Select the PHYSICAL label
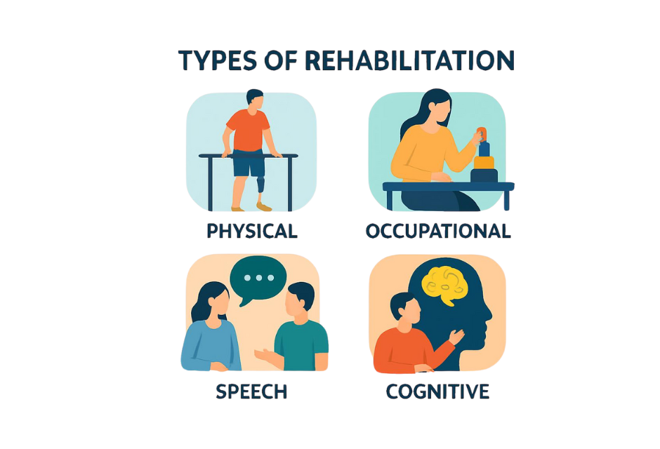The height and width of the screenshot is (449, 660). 251,231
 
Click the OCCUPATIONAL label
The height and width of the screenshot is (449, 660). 437,231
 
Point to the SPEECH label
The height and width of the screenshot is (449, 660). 251,391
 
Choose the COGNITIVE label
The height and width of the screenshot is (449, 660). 437,391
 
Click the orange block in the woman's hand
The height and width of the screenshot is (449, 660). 481,133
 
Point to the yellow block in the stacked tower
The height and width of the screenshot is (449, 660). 484,162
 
